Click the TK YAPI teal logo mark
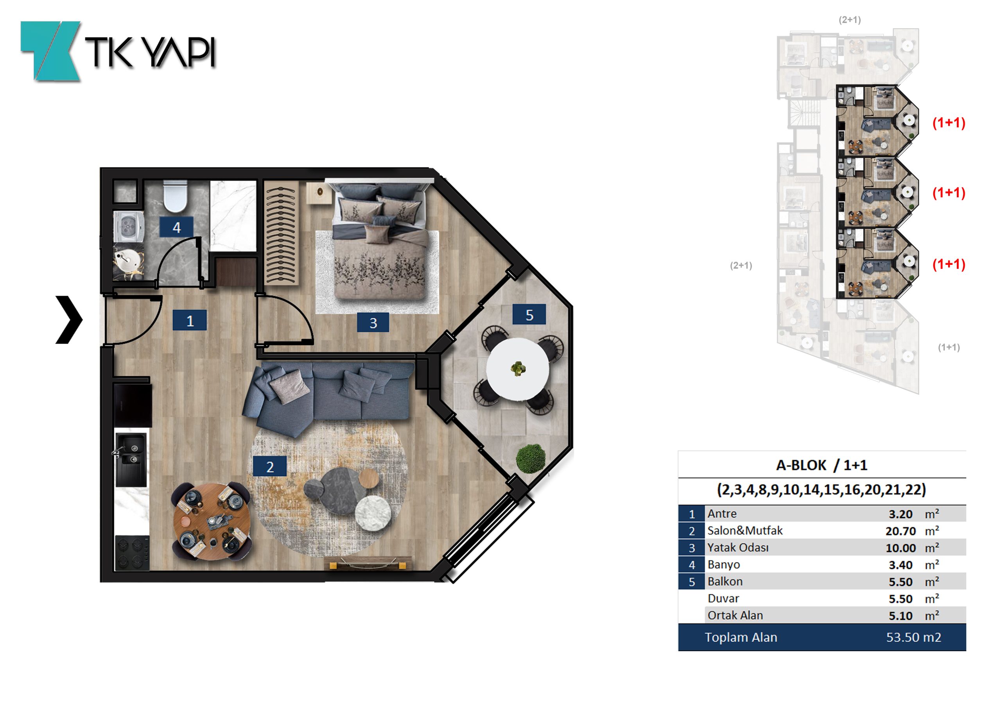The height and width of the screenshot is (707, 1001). (x=51, y=51)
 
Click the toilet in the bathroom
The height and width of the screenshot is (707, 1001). (x=175, y=196)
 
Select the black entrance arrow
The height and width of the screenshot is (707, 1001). (x=69, y=320)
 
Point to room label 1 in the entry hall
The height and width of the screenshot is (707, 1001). (x=190, y=321)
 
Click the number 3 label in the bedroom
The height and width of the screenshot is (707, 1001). (x=373, y=322)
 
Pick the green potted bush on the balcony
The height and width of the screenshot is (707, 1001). (x=531, y=458)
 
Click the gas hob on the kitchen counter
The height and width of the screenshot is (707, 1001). (x=132, y=553)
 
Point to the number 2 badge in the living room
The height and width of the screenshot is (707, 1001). (x=270, y=466)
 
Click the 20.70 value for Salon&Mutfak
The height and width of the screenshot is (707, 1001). (x=900, y=531)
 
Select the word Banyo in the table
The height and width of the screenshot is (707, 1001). (x=724, y=564)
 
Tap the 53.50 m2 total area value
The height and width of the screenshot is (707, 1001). (x=913, y=637)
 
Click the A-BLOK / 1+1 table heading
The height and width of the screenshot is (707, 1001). (x=822, y=465)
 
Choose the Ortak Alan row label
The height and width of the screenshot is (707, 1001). (x=735, y=616)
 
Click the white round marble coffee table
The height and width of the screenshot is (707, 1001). (x=373, y=513)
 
